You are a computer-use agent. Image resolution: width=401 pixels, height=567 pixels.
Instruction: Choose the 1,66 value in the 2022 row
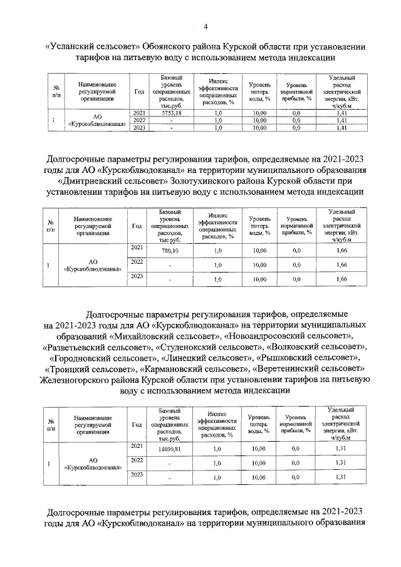tap(341, 265)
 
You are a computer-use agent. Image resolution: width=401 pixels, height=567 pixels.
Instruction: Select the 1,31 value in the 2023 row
tap(341, 477)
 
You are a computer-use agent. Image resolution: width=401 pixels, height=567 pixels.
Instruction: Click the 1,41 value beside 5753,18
tap(341, 113)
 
